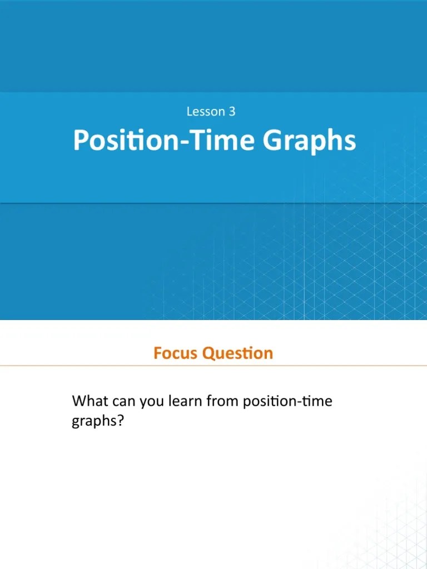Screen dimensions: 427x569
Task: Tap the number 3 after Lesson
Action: point(232,112)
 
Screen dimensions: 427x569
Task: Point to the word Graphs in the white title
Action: point(309,142)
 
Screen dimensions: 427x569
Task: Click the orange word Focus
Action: point(176,353)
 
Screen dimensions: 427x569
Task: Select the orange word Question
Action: point(237,353)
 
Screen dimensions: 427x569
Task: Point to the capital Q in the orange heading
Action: point(208,353)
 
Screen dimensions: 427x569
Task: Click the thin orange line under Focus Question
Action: point(213,366)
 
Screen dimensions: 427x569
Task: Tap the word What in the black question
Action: point(90,401)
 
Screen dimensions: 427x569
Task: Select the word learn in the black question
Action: point(182,401)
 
